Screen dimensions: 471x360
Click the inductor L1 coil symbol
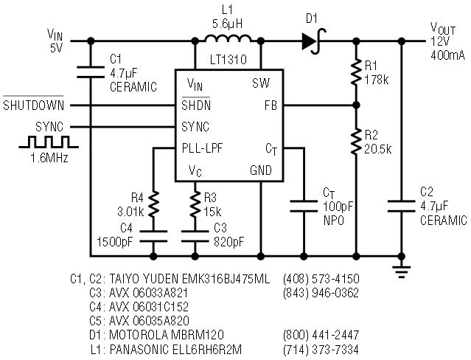[227, 38]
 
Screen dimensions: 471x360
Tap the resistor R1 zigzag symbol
[356, 72]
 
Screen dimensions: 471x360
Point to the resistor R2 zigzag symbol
[356, 142]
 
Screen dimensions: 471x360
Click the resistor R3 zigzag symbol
[195, 204]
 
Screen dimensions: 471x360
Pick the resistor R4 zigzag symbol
[153, 204]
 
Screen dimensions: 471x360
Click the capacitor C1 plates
[91, 72]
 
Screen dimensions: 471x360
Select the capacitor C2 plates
[401, 207]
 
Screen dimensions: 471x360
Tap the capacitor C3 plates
[195, 236]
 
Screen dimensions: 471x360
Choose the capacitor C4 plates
[153, 236]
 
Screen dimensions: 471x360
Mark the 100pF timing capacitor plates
[304, 207]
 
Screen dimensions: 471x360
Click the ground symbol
[401, 271]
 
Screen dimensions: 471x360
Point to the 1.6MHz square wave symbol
[49, 142]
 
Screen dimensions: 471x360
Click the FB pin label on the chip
[271, 105]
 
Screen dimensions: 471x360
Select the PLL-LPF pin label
[202, 148]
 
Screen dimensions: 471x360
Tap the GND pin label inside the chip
[261, 170]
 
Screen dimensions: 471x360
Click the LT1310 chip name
[228, 60]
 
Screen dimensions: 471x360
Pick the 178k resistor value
[377, 80]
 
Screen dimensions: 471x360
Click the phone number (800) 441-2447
[321, 335]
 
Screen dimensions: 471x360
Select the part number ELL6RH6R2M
[207, 350]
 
